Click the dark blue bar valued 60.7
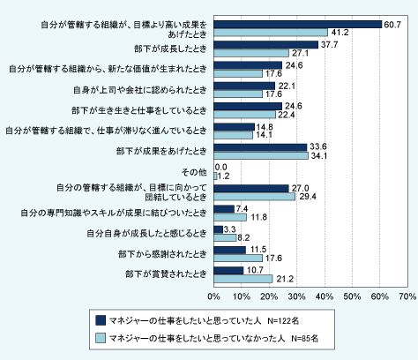click(298, 25)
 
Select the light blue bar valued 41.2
click(271, 33)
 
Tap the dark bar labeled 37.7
click(266, 45)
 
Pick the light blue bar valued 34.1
click(261, 155)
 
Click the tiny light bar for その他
click(215, 176)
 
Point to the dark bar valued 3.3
click(219, 229)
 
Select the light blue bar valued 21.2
click(243, 279)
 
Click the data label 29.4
click(308, 197)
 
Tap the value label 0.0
click(221, 167)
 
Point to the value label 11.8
click(258, 217)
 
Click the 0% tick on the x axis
click(213, 296)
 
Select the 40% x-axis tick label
click(325, 296)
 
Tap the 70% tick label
click(407, 296)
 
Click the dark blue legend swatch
click(101, 320)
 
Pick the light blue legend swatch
click(101, 338)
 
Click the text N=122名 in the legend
click(283, 321)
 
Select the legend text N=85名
click(305, 339)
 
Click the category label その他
click(194, 172)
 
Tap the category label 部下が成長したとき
click(170, 49)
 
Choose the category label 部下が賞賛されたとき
click(166, 274)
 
